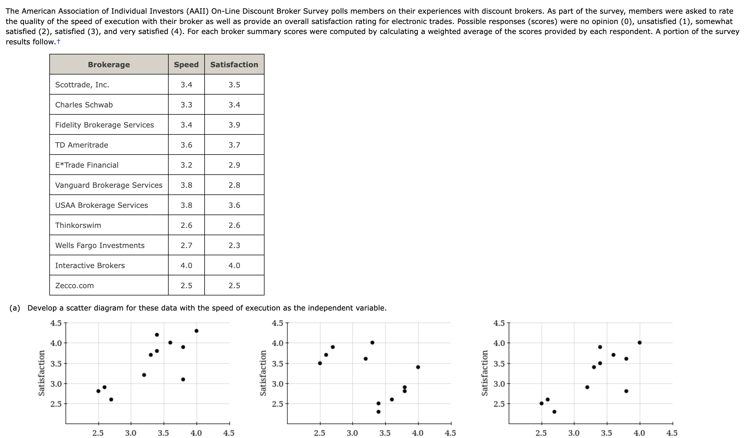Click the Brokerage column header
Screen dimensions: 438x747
coord(109,64)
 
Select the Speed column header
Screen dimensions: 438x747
coord(186,64)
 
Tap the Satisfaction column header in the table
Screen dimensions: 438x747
coord(234,64)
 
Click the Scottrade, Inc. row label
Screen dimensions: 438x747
coord(82,85)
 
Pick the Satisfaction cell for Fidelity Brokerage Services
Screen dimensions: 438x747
coord(234,125)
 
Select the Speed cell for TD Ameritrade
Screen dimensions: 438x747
coord(186,145)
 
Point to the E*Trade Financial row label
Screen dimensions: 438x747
coord(87,165)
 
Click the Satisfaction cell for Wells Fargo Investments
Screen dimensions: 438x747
coord(234,246)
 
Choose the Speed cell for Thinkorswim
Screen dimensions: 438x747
coord(186,225)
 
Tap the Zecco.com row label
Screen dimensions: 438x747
coord(74,285)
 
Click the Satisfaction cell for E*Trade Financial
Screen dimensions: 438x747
coord(234,165)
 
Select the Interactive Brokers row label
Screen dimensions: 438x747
coord(90,265)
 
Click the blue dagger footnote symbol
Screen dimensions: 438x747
coord(59,42)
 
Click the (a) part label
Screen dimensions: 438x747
coord(15,308)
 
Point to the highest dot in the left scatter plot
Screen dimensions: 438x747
coord(196,331)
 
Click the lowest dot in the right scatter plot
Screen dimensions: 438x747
coord(554,411)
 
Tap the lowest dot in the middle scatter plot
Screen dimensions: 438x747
coord(378,411)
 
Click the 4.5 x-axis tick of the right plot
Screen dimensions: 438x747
coord(672,433)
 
